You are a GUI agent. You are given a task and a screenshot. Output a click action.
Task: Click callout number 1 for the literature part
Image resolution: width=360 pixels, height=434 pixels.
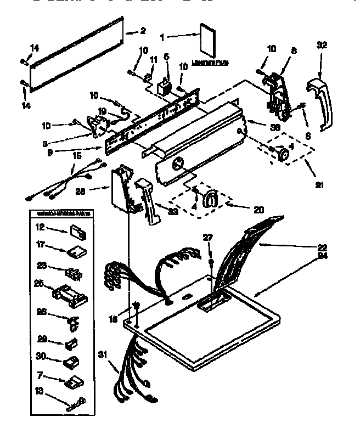[162, 37]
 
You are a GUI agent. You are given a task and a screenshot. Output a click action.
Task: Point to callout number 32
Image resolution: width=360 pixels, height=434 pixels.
[322, 45]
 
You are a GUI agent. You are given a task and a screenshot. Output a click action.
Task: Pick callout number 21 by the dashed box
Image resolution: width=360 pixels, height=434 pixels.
[318, 185]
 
